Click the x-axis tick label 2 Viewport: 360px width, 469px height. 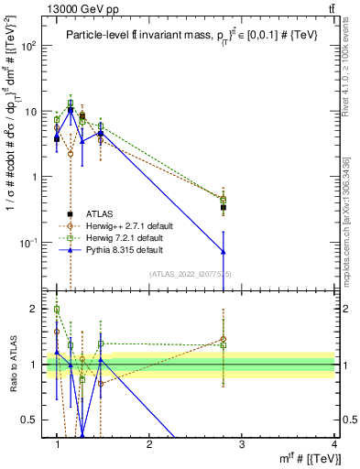(149, 445)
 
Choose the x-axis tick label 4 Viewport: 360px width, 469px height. (334, 445)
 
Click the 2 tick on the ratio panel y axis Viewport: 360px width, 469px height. (39, 309)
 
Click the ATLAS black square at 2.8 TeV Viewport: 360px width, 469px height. (224, 208)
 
